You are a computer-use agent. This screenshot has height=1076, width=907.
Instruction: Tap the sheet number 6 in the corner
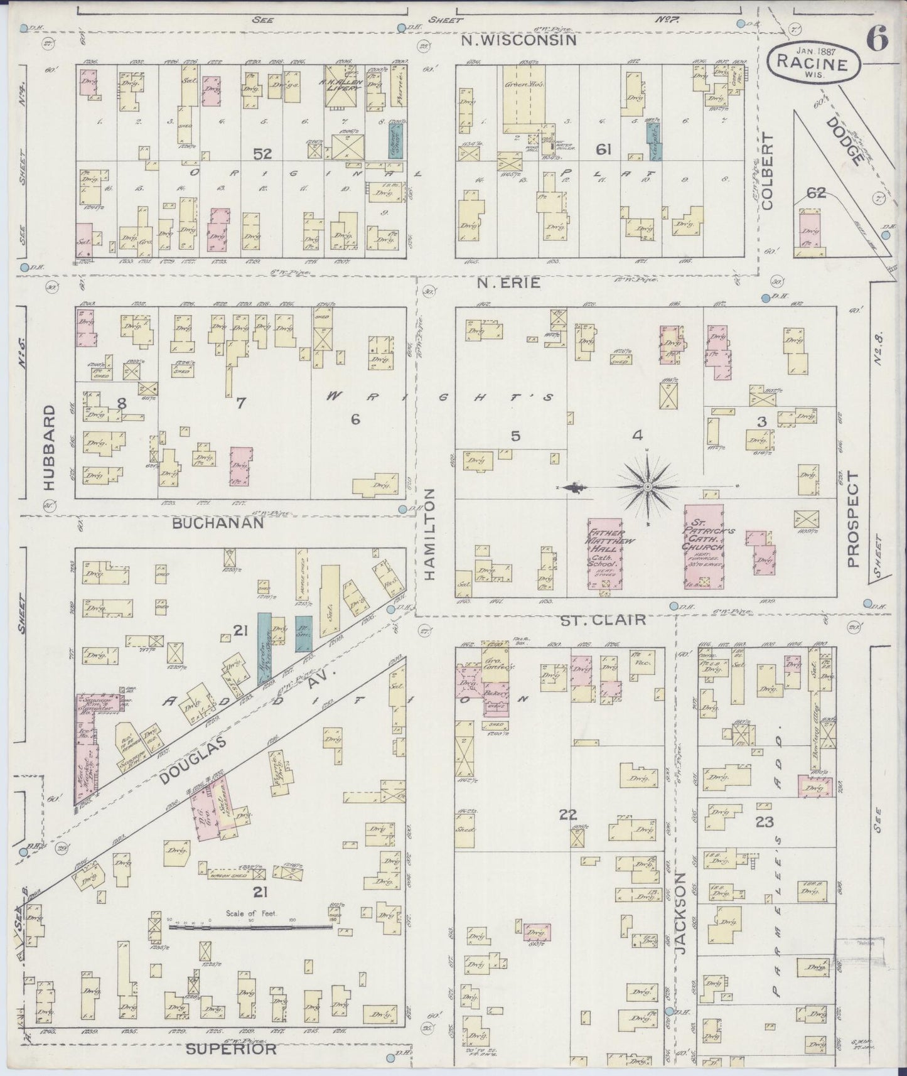click(877, 40)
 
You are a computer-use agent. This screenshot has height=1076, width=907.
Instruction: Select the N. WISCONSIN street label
click(518, 40)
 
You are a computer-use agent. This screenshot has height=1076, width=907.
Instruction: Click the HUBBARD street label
click(50, 446)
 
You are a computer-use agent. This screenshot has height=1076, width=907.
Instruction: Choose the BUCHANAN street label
click(218, 522)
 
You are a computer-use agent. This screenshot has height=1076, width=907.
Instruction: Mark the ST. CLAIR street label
click(603, 620)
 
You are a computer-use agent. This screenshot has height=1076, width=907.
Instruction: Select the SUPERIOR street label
click(232, 1049)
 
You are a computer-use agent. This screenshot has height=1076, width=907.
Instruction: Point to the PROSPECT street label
click(852, 520)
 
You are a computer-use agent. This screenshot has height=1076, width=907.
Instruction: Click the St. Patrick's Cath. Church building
click(704, 546)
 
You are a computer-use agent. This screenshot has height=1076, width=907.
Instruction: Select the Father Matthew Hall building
click(605, 554)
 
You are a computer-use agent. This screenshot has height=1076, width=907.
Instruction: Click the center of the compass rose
click(647, 487)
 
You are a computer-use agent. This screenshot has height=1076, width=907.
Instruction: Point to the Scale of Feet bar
click(251, 926)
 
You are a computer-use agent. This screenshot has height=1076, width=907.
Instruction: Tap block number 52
click(262, 153)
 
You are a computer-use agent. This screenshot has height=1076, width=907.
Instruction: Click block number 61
click(603, 149)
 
